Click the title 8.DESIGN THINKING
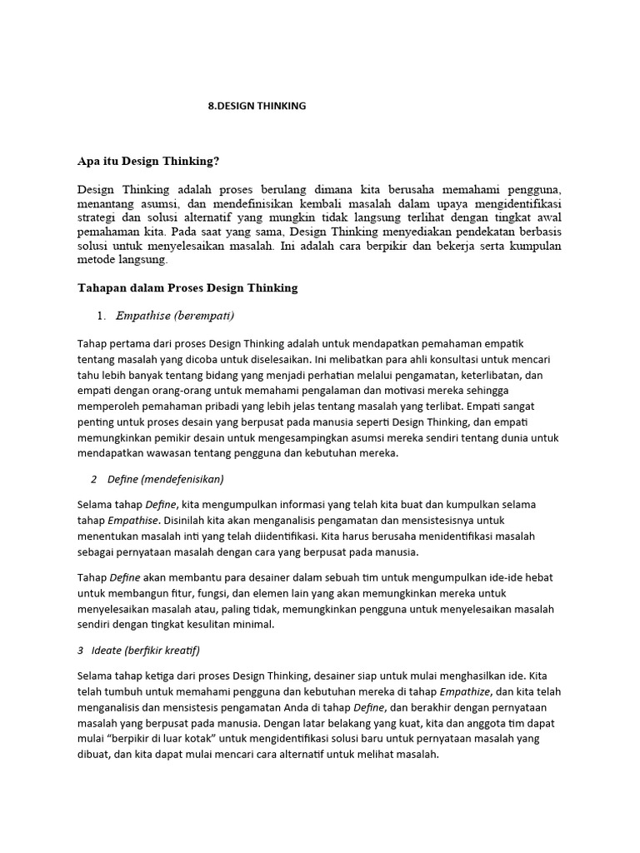[257, 106]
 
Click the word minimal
[247, 625]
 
